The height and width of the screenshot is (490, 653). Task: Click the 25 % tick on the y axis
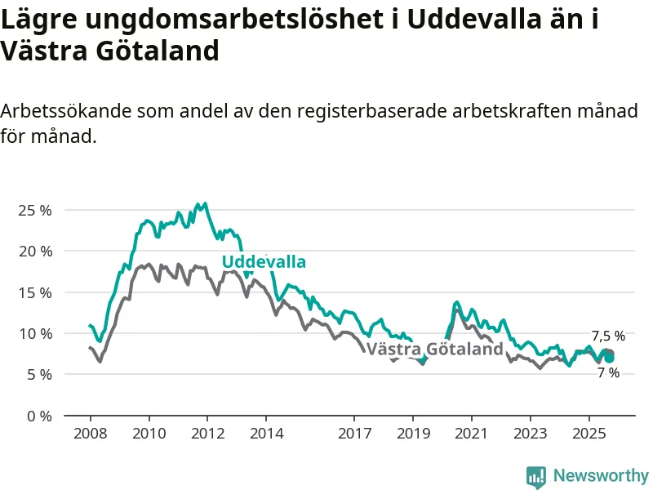[34, 210]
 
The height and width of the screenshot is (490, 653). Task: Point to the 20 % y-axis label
[34, 251]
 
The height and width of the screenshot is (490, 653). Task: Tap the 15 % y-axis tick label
[34, 292]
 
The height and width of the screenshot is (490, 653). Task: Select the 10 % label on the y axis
[34, 333]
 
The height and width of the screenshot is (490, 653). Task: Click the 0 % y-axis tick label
[38, 416]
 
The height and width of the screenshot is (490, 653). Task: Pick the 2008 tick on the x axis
[90, 432]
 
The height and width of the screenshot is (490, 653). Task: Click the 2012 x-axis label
[207, 432]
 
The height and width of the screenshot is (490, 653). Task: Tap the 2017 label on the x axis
[354, 432]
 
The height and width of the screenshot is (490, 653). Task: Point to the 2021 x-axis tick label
[472, 432]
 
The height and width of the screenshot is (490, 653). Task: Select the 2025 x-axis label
[589, 432]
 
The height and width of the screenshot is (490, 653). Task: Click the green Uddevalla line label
[264, 262]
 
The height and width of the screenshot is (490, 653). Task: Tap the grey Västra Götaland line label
[434, 350]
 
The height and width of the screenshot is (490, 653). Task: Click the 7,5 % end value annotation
[608, 336]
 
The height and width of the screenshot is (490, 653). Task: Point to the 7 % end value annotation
[608, 373]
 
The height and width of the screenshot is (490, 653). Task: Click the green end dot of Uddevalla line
[609, 358]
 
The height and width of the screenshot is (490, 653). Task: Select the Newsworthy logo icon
[536, 475]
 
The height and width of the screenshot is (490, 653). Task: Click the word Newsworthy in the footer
[601, 475]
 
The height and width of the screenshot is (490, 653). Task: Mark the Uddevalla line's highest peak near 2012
[204, 203]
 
